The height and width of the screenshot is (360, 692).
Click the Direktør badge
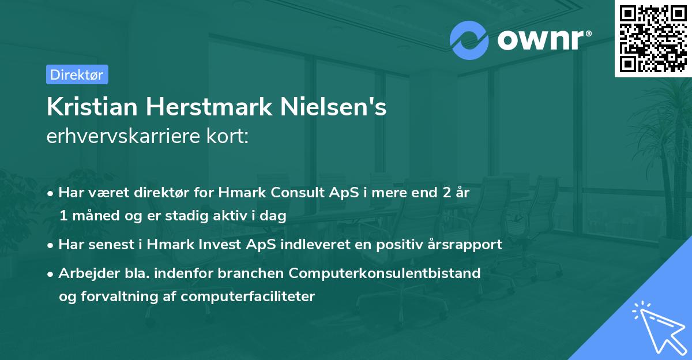point(77,74)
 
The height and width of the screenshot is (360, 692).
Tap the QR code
point(653,39)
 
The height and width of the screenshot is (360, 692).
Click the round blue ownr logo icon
point(469,39)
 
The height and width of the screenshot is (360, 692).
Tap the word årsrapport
point(465,244)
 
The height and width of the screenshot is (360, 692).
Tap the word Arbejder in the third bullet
point(85,273)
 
